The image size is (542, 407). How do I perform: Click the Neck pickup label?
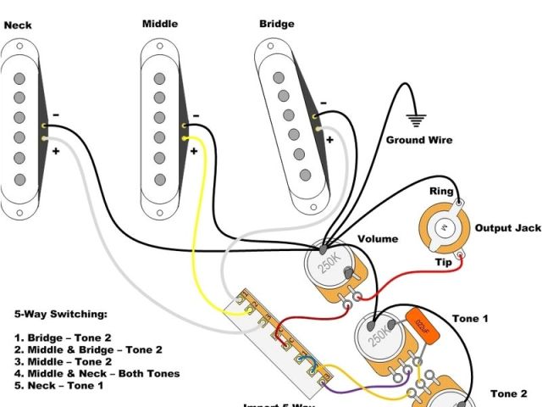pyautogui.click(x=18, y=25)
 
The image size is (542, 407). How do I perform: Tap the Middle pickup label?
pyautogui.click(x=159, y=24)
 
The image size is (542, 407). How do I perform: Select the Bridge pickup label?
pyautogui.click(x=277, y=24)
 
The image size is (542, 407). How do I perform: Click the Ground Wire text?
pyautogui.click(x=419, y=140)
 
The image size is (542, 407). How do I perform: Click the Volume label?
pyautogui.click(x=378, y=240)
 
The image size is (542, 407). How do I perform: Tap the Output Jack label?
pyautogui.click(x=507, y=229)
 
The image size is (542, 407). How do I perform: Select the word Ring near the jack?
pyautogui.click(x=441, y=192)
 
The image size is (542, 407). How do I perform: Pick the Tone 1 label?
pyautogui.click(x=470, y=318)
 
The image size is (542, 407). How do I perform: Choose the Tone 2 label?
pyautogui.click(x=509, y=394)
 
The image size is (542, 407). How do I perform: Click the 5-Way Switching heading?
pyautogui.click(x=61, y=314)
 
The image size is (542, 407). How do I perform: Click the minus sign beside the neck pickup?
pyautogui.click(x=56, y=114)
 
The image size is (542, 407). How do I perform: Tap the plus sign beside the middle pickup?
pyautogui.click(x=194, y=151)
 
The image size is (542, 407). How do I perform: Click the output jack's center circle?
pyautogui.click(x=441, y=229)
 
